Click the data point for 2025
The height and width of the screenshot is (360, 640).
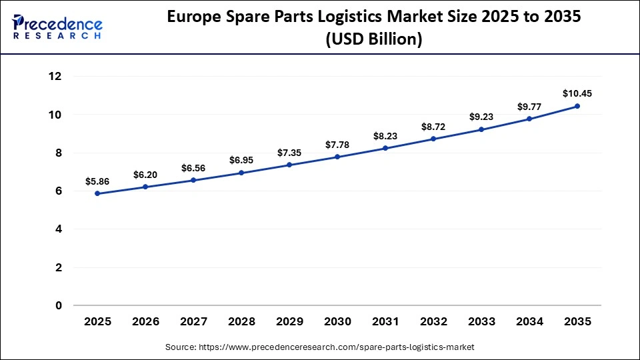pyautogui.click(x=97, y=193)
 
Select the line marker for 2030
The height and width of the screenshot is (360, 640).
pyautogui.click(x=337, y=157)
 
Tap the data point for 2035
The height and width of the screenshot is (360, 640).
pyautogui.click(x=577, y=106)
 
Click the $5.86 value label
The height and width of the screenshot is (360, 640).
pyautogui.click(x=97, y=181)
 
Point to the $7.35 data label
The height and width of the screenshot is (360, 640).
pyautogui.click(x=289, y=153)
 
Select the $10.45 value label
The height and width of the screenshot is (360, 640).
pyautogui.click(x=577, y=93)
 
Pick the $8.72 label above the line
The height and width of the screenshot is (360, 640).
pyautogui.click(x=433, y=126)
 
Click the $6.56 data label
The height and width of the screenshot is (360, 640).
pyautogui.click(x=193, y=167)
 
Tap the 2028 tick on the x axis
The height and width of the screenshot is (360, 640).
pyautogui.click(x=241, y=321)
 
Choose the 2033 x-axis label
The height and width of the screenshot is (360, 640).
pyautogui.click(x=481, y=321)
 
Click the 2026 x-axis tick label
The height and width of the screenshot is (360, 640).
pyautogui.click(x=145, y=321)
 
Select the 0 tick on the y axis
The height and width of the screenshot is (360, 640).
pyautogui.click(x=59, y=306)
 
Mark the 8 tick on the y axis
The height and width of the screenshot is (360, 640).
pyautogui.click(x=59, y=153)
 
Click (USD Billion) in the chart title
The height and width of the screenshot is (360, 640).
pyautogui.click(x=373, y=40)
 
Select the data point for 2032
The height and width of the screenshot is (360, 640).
pyautogui.click(x=433, y=139)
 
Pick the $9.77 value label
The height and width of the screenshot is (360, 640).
pyautogui.click(x=529, y=106)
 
